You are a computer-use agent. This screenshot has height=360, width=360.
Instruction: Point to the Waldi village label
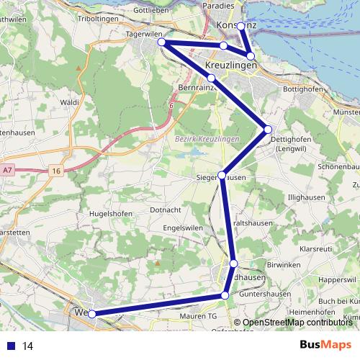70,103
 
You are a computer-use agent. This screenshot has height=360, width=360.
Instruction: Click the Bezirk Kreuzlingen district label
205,138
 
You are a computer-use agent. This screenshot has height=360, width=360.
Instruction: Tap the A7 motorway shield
7,170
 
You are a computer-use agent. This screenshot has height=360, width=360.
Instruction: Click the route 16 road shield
56,171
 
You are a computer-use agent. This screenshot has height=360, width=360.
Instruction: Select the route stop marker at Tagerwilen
163,42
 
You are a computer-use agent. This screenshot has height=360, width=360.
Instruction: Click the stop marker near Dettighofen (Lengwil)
268,130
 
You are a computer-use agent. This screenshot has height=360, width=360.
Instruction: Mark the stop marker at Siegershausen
222,175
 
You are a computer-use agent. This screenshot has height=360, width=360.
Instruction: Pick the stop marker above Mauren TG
225,295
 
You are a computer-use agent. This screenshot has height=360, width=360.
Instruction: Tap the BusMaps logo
325,345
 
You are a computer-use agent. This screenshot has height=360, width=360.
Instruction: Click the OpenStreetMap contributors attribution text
297,323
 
